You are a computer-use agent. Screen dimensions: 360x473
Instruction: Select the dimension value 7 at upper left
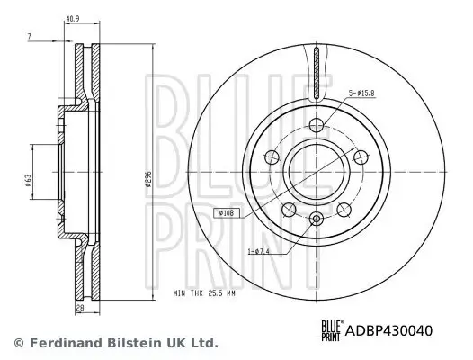[30, 36]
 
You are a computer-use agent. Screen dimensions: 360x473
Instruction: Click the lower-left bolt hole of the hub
[287, 210]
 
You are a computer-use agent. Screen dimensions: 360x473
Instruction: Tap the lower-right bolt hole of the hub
[344, 210]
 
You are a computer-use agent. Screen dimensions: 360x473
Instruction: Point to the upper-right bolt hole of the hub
[360, 157]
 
